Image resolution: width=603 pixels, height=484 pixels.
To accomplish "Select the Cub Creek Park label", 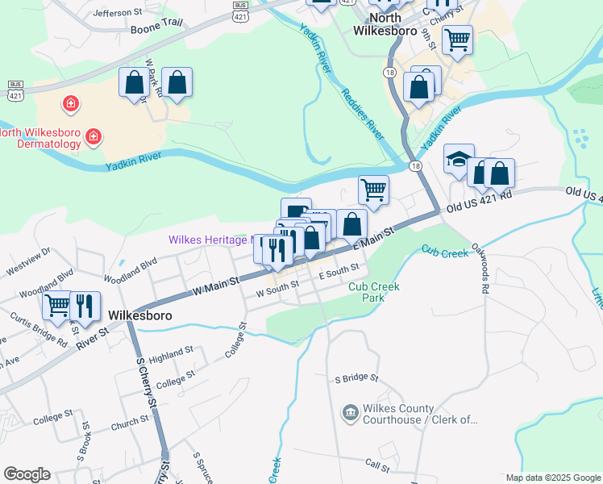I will pos(374,292).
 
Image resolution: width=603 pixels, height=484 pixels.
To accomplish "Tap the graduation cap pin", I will pos(459,160).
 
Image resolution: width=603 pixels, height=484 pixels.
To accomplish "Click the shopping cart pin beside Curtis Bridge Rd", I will pos(57,306).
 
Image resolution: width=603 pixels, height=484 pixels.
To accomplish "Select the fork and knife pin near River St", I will pos(85,306).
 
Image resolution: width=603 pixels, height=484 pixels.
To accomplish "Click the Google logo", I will pos(27,474).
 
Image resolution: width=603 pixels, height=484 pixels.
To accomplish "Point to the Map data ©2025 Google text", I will pos(553,478).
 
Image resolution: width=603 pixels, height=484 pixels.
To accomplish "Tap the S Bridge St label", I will pos(356,378).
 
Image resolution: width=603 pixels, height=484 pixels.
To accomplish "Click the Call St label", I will pos(377,465).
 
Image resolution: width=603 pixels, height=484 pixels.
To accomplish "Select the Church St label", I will pos(130,421).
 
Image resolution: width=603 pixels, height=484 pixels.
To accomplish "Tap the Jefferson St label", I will pos(117,13).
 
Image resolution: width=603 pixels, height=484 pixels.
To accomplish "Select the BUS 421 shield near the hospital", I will pos(15,88).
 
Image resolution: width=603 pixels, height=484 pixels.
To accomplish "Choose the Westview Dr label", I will pos(28,252).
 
